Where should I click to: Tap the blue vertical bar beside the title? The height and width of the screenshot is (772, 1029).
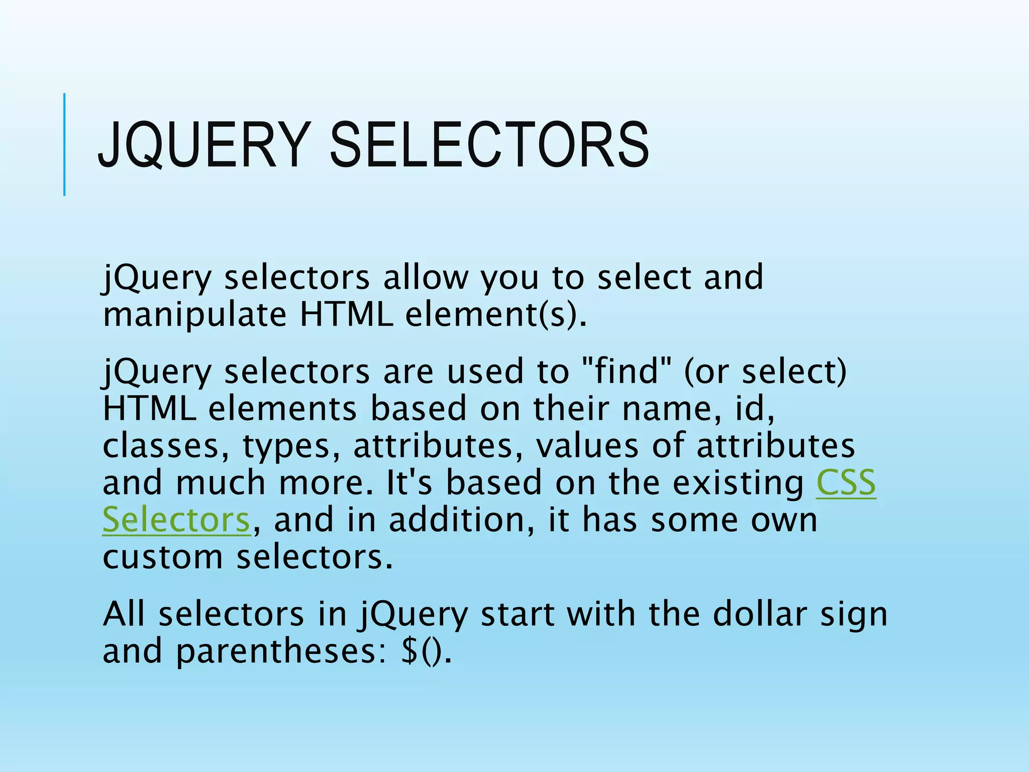tap(64, 144)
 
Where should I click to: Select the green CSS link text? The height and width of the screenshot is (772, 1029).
tap(846, 483)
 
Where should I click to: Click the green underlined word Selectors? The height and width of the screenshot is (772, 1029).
tap(176, 520)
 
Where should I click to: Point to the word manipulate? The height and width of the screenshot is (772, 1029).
tap(194, 315)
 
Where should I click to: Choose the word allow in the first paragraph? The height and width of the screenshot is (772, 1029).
tap(425, 277)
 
